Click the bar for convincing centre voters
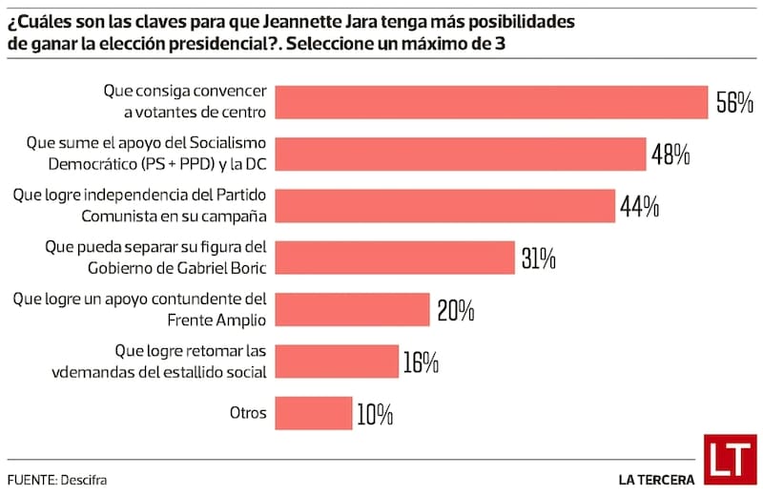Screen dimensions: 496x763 pos(491,102)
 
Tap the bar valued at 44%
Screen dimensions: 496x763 pos(444,205)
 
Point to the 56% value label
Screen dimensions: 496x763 pos(734,103)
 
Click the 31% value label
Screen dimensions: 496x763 pos(538,257)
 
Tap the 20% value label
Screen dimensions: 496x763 pos(456,310)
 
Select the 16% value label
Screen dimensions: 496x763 pos(420,362)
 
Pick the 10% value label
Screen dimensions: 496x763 pos(375,414)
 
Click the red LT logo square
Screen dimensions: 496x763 pos(731,460)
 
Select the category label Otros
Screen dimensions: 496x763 pos(248,414)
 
